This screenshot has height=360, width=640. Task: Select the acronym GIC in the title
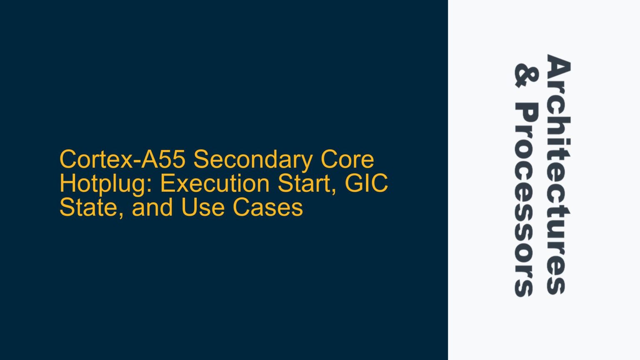click(x=367, y=183)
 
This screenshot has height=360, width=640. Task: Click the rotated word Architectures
click(x=558, y=174)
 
